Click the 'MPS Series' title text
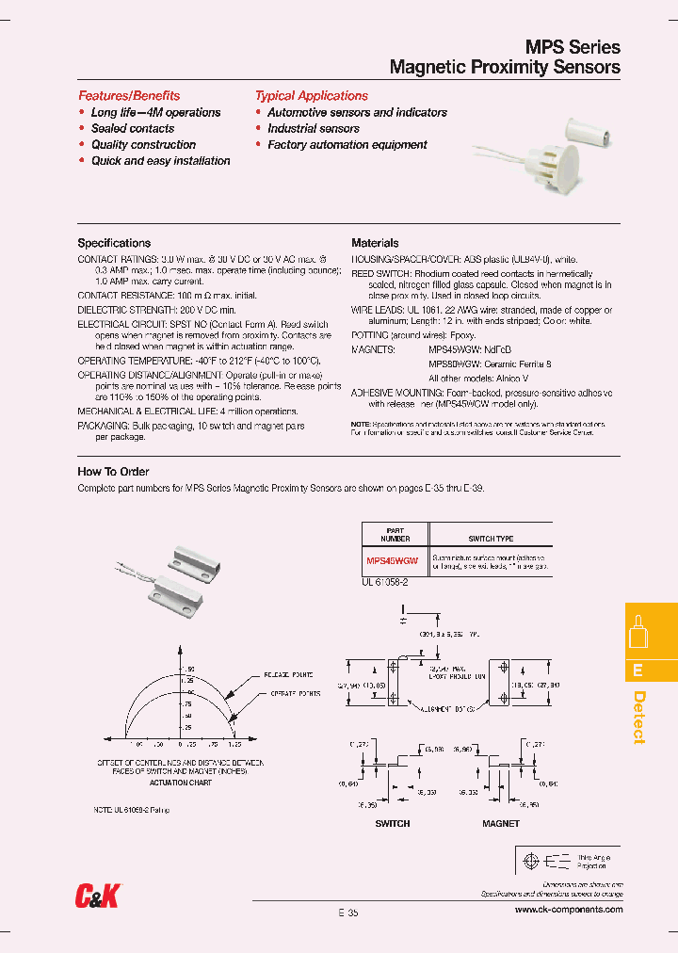click(x=572, y=47)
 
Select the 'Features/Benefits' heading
click(x=128, y=96)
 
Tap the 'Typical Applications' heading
click(x=311, y=96)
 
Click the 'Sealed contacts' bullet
click(x=132, y=128)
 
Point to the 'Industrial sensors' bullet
click(x=313, y=128)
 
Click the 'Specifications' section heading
click(x=114, y=243)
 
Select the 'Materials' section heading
click(x=375, y=243)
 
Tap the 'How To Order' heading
click(x=113, y=472)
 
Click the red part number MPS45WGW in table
click(x=391, y=560)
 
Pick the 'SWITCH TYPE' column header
click(x=491, y=539)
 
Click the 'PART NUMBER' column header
click(x=395, y=535)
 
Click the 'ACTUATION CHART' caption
click(x=180, y=782)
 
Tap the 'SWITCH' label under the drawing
click(x=393, y=823)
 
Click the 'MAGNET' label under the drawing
click(x=500, y=823)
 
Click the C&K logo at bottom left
click(x=97, y=897)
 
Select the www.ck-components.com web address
click(x=569, y=910)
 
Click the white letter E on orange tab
click(x=638, y=670)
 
